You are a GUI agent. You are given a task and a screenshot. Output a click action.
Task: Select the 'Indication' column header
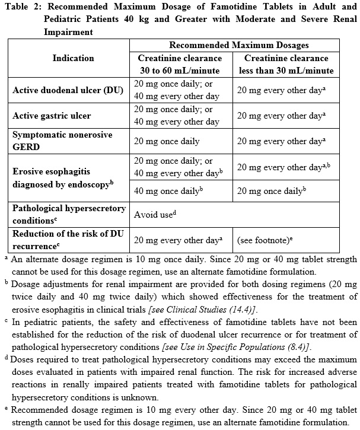pos(73,58)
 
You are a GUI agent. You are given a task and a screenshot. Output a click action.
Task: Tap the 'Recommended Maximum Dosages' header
pos(238,45)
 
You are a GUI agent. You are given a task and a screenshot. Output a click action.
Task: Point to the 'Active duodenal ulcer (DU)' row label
pos(68,91)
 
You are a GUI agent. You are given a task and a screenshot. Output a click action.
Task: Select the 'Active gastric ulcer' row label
pos(51,116)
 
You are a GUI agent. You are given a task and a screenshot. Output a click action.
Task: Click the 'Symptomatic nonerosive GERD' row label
pos(62,141)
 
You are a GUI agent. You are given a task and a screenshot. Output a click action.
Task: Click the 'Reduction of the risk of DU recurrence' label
pos(68,240)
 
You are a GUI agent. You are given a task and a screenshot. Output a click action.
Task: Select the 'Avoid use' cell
pos(155,214)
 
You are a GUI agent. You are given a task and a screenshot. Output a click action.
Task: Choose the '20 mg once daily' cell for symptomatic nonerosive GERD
pos(167,141)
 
